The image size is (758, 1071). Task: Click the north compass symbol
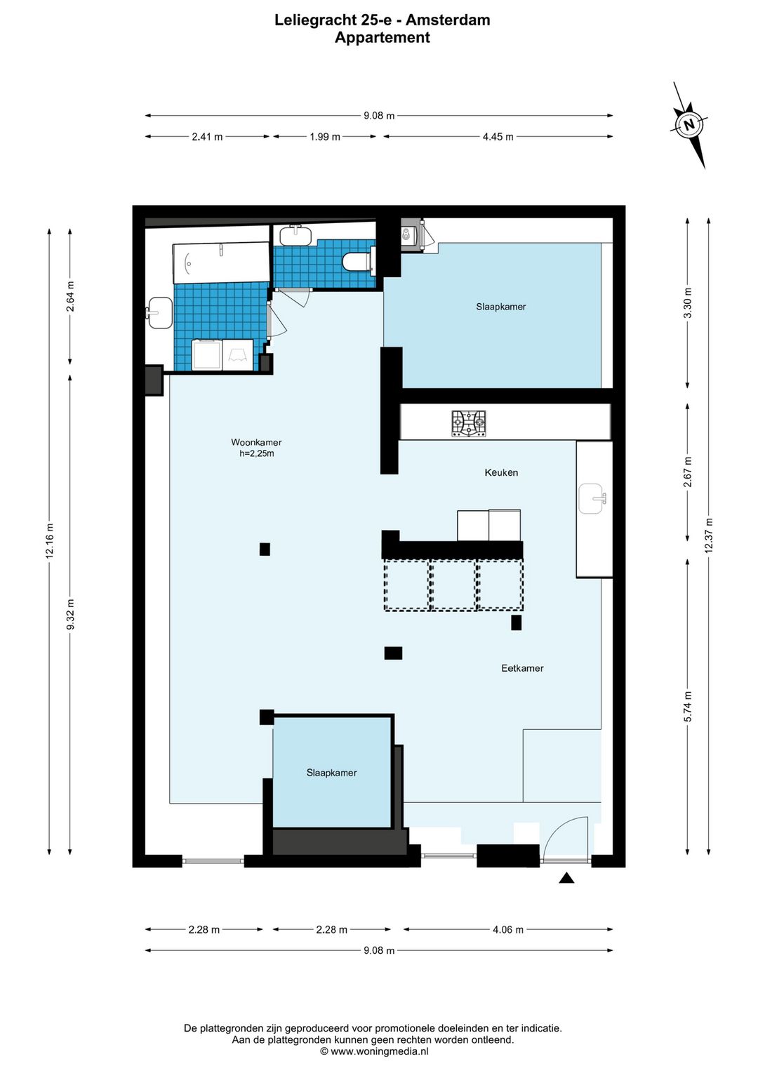tap(689, 125)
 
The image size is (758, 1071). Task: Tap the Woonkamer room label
tap(256, 442)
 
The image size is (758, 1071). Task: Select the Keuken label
tap(501, 472)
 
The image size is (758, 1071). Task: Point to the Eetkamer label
tap(522, 668)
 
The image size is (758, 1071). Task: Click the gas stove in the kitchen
tap(469, 423)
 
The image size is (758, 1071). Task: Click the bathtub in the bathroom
tap(221, 263)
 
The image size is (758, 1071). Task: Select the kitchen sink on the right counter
tap(592, 498)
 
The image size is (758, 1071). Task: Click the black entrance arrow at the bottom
tap(566, 877)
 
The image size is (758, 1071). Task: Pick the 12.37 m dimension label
tap(708, 535)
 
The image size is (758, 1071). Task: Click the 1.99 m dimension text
tap(325, 137)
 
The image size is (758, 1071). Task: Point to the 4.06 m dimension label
tap(508, 929)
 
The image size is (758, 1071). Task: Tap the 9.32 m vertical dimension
tap(70, 614)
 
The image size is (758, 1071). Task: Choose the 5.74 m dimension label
tap(688, 707)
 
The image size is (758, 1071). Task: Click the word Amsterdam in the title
tap(448, 20)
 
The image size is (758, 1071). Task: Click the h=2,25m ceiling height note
tap(257, 453)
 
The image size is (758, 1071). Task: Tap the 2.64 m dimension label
tap(70, 296)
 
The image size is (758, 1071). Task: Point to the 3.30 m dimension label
tap(688, 303)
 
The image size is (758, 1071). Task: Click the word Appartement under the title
tap(382, 37)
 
